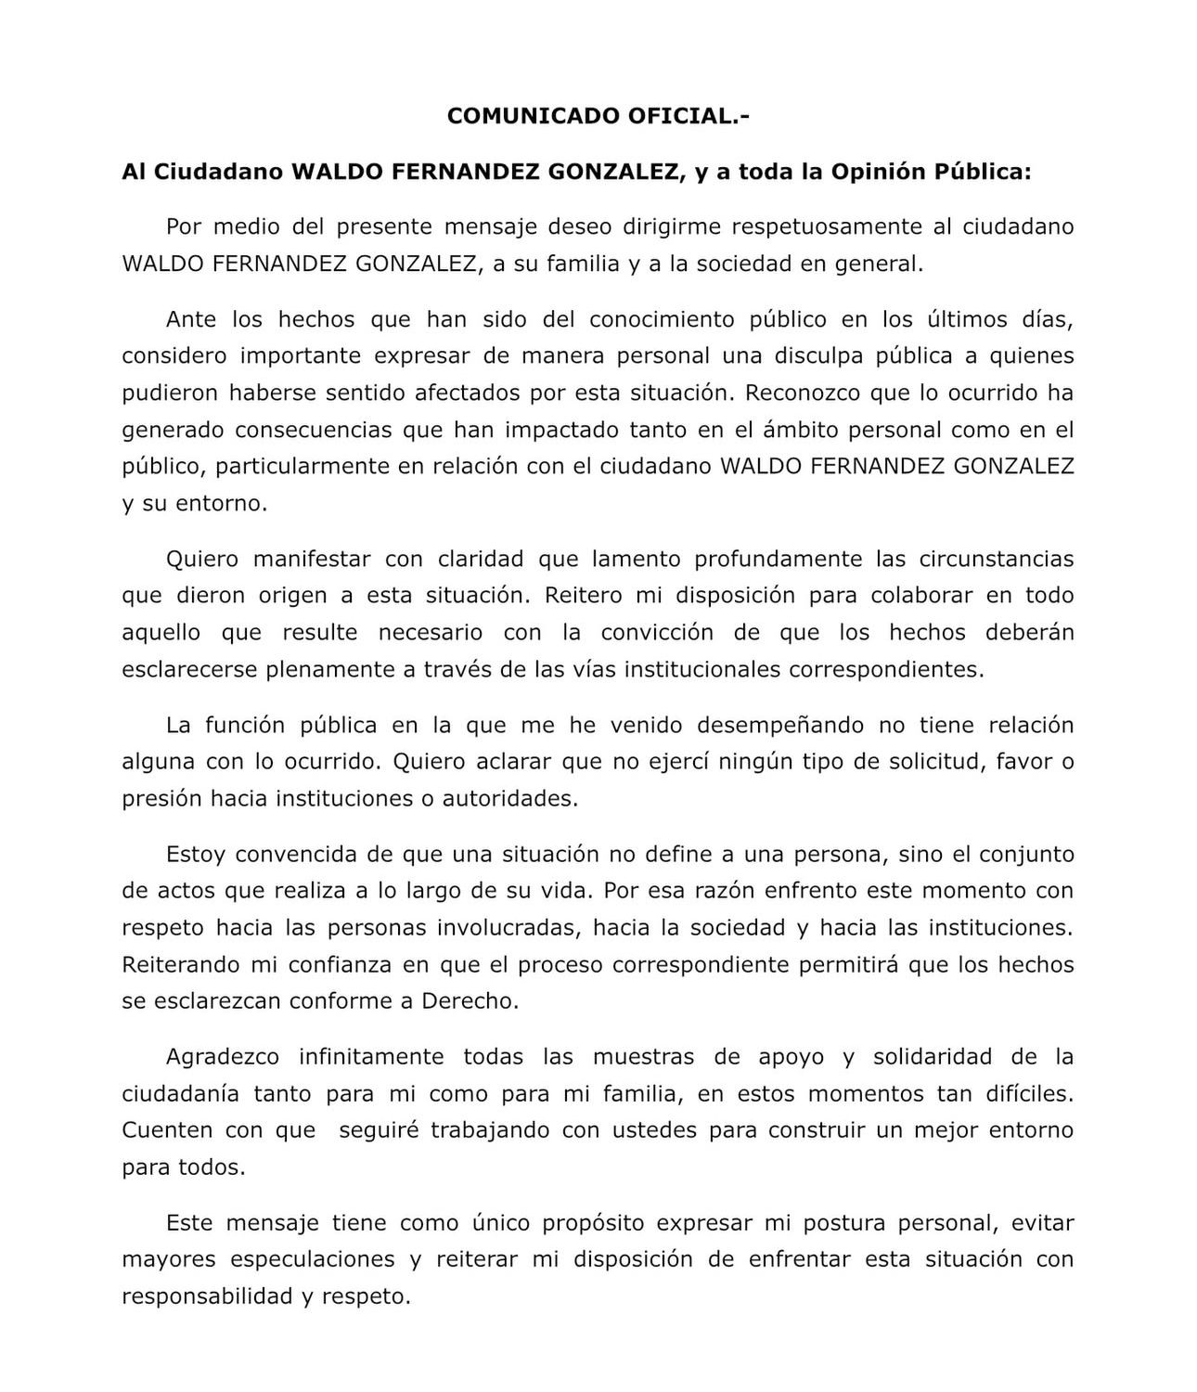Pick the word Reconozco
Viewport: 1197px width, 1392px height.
tap(802, 393)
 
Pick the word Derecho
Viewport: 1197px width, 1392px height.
tap(470, 1001)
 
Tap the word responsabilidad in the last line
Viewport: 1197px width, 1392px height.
tap(207, 1296)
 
